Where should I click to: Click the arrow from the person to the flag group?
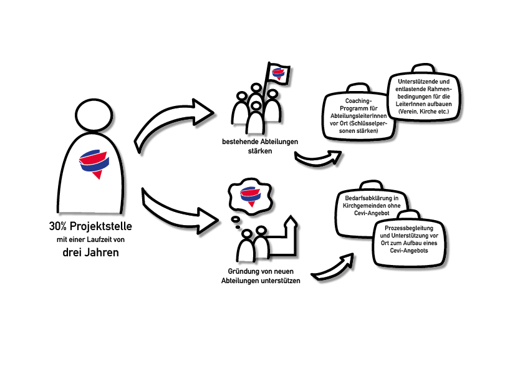(x=175, y=122)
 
